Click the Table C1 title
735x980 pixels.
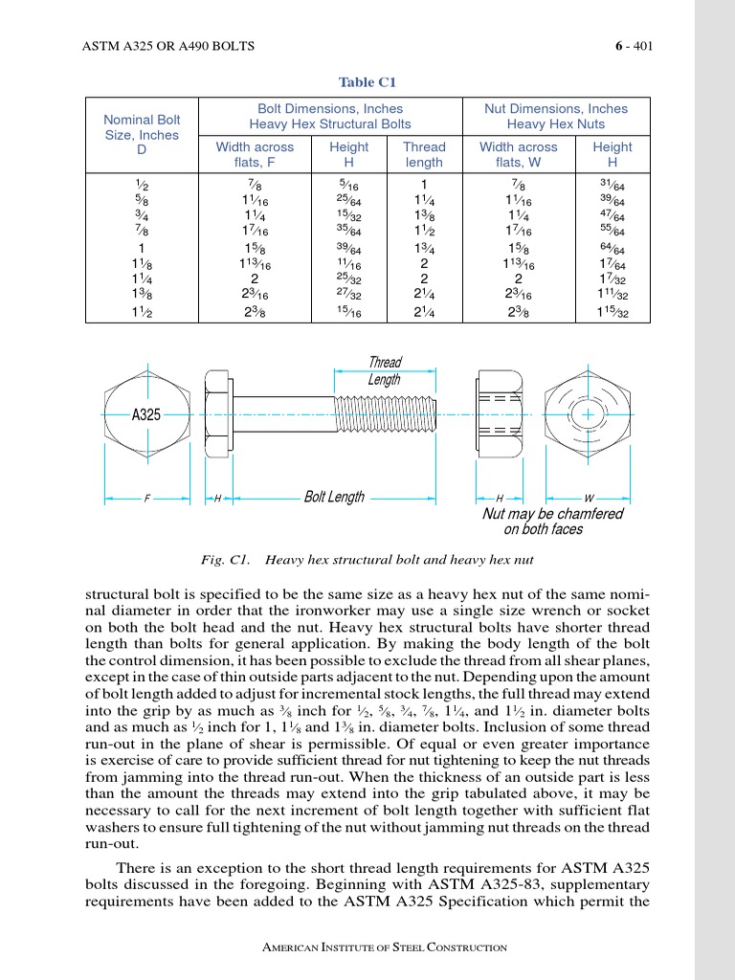point(367,82)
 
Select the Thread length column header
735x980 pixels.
point(424,155)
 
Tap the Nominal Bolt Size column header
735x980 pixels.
point(142,135)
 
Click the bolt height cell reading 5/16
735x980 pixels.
point(348,185)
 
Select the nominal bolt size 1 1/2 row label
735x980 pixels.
point(142,311)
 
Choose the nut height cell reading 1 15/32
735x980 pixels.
point(612,311)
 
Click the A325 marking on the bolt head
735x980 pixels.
point(145,414)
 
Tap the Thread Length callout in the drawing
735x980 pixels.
point(385,371)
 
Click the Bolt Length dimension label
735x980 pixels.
point(334,497)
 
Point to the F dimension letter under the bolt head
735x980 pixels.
point(146,499)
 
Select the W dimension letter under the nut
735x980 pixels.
point(588,499)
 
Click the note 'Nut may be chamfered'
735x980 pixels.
point(552,514)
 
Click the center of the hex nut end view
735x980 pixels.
point(585,414)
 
